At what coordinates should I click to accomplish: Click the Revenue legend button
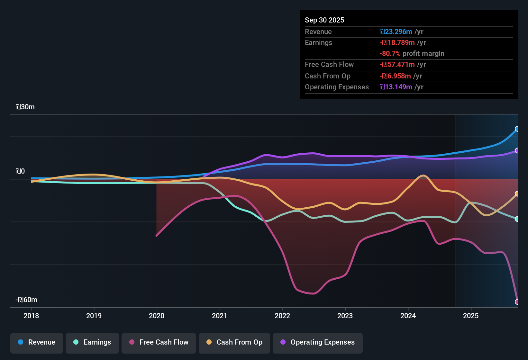(37, 342)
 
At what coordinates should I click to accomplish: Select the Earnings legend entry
(92, 342)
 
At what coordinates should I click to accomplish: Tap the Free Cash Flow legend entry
(159, 342)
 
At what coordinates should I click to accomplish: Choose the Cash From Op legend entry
(234, 342)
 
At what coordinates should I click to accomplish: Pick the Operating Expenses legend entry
(318, 342)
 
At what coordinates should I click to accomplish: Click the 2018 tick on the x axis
(31, 316)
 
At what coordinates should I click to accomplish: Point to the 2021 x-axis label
(220, 316)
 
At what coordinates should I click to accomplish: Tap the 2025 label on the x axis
(471, 316)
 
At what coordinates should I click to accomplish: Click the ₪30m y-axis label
(25, 107)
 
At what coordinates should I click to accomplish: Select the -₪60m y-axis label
(26, 300)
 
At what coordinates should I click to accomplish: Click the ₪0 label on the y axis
(20, 171)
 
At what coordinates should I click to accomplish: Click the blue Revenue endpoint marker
(517, 129)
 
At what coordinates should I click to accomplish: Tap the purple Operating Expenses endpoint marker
(517, 150)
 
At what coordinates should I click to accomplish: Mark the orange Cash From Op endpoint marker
(517, 194)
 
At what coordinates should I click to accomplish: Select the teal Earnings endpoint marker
(517, 219)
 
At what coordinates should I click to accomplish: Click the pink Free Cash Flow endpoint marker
(517, 302)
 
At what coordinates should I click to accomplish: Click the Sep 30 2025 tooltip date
(324, 20)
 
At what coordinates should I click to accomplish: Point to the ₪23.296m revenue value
(396, 32)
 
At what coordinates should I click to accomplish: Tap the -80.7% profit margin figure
(390, 54)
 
